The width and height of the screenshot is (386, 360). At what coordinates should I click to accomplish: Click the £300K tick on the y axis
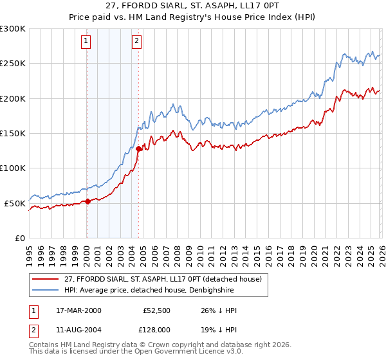(13, 29)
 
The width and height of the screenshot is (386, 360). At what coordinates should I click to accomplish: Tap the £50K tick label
(15, 203)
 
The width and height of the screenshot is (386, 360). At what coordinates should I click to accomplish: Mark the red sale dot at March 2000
(88, 201)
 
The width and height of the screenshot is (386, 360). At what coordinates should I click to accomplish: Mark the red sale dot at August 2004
(138, 148)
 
